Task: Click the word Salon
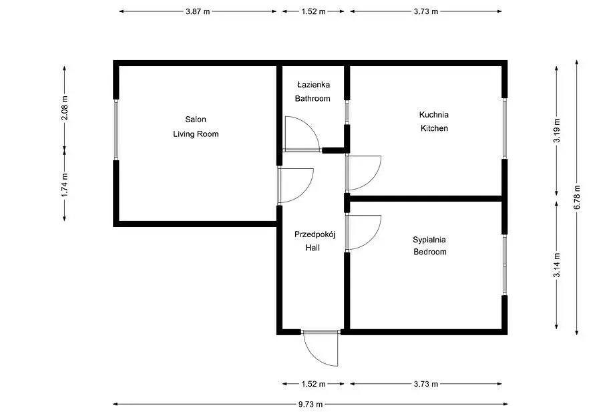[x=196, y=120]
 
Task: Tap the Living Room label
[x=196, y=134]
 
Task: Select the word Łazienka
[x=313, y=85]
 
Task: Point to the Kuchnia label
[x=434, y=115]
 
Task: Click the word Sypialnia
[x=429, y=240]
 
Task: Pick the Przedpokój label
[x=315, y=234]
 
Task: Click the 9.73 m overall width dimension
[x=311, y=404]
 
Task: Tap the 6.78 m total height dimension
[x=577, y=197]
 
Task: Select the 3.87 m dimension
[x=198, y=11]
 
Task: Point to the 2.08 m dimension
[x=65, y=108]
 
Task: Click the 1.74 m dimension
[x=65, y=185]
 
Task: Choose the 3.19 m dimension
[x=556, y=130]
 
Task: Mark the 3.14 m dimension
[x=556, y=265]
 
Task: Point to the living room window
[x=116, y=130]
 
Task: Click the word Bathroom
[x=313, y=99]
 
